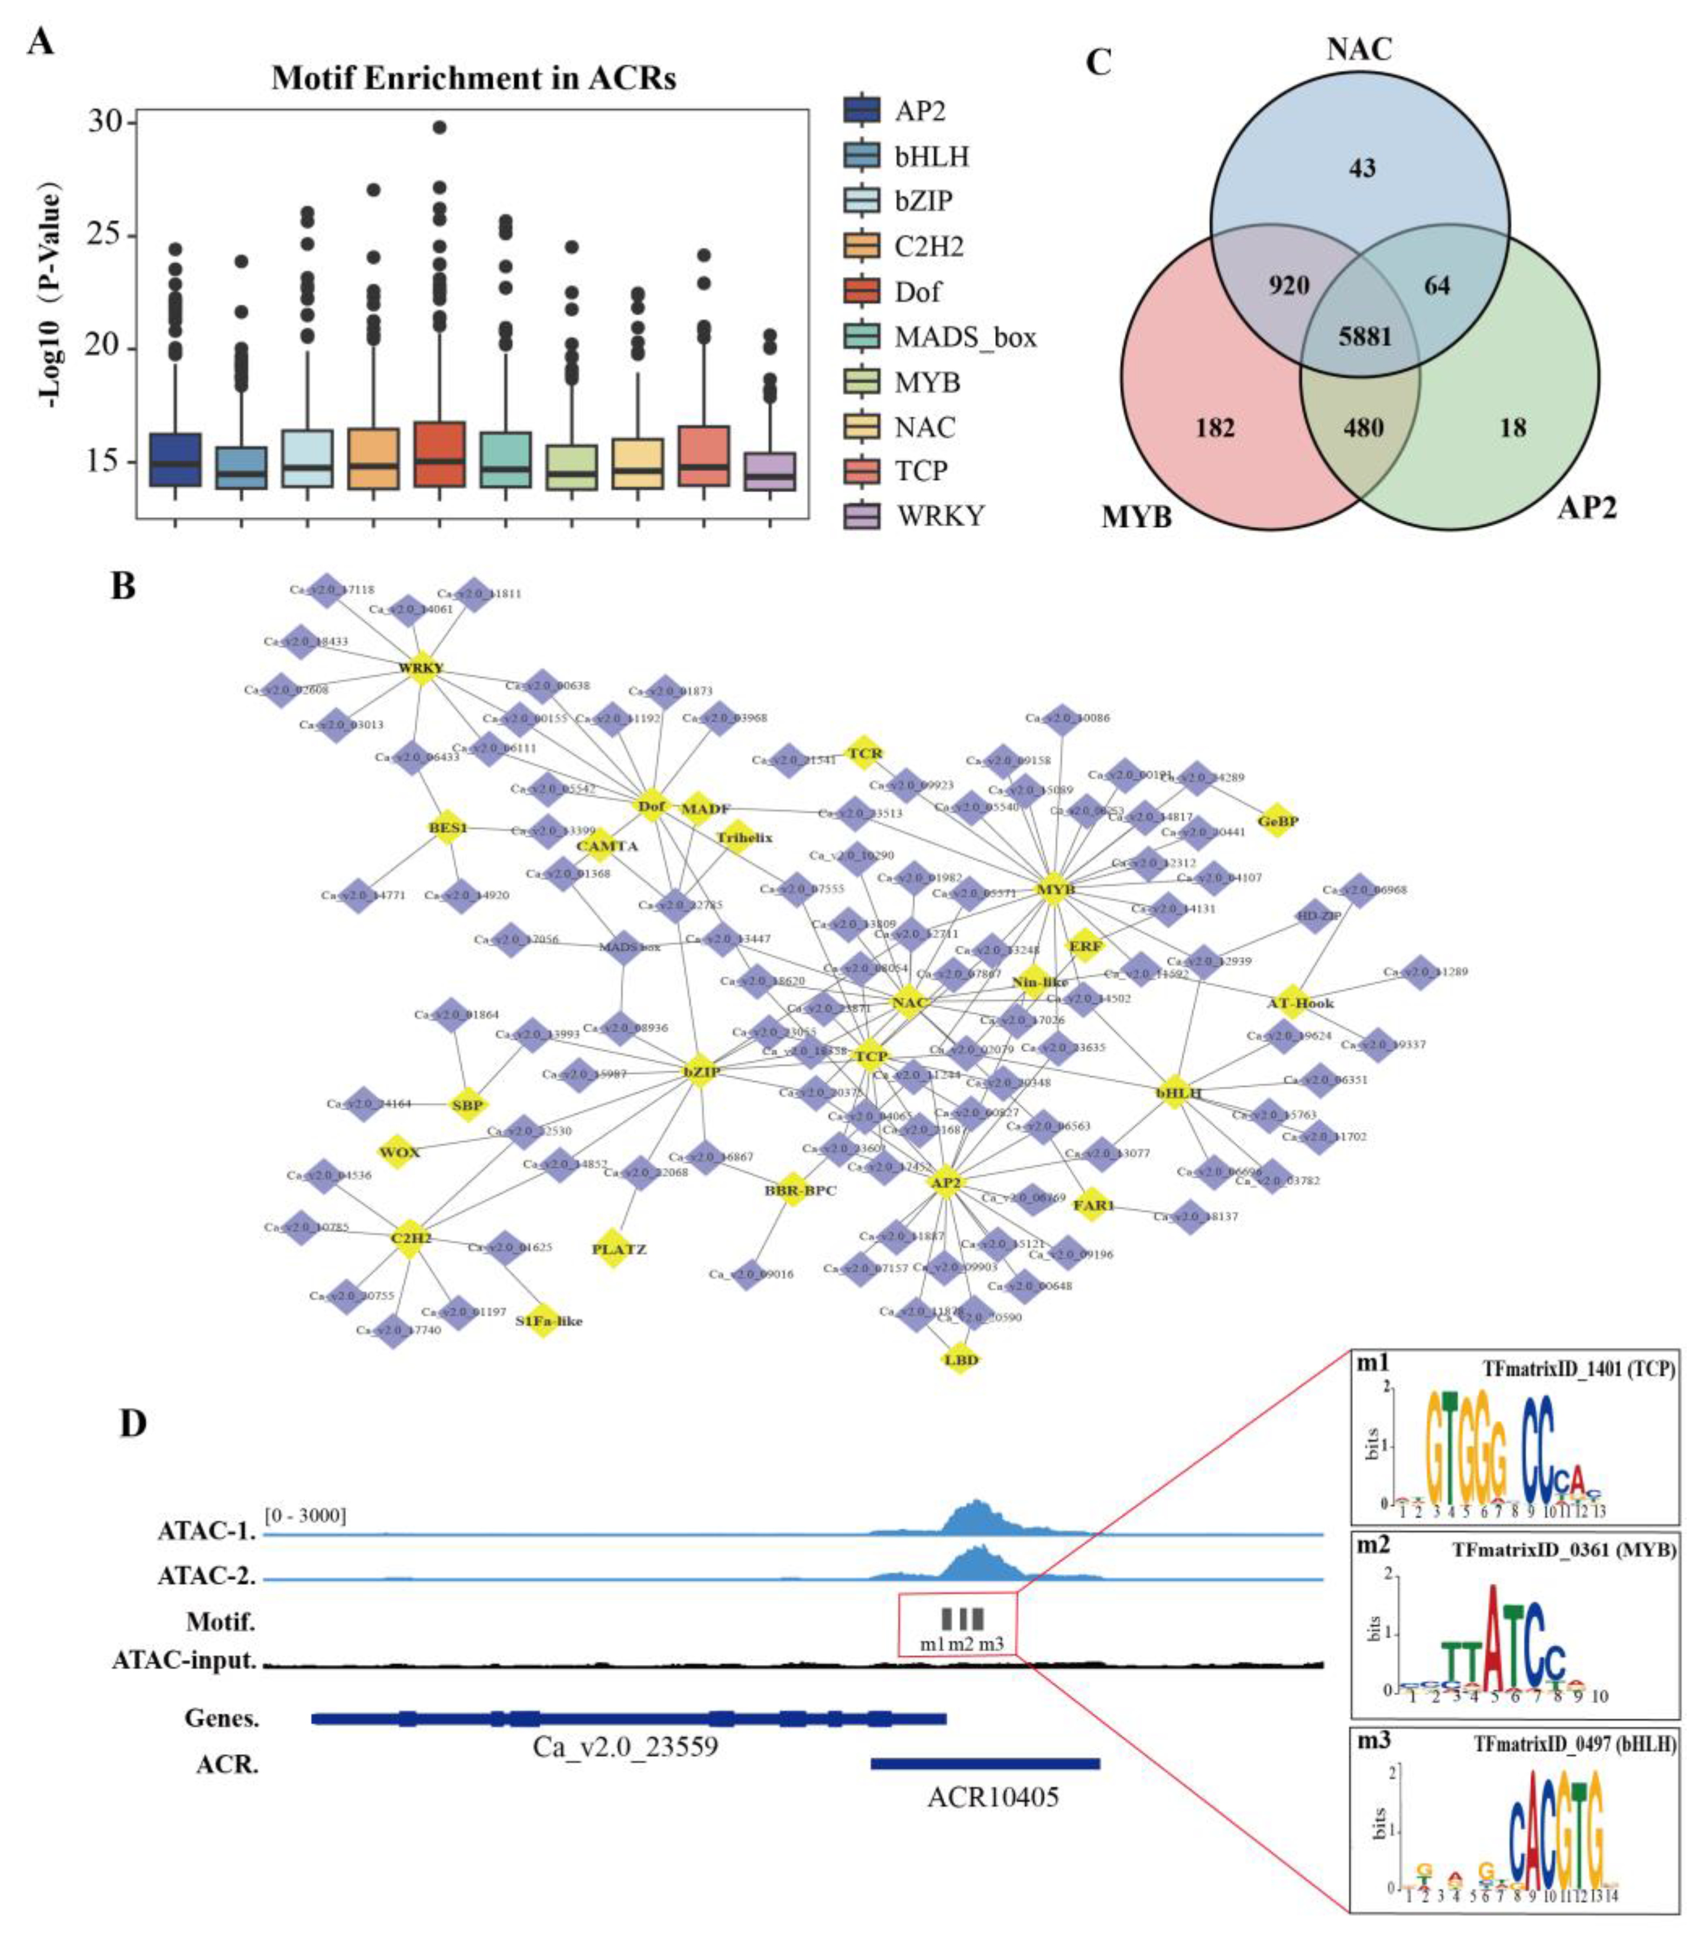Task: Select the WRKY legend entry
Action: (x=938, y=516)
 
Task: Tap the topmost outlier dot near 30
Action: (x=439, y=127)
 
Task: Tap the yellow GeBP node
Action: (x=1277, y=820)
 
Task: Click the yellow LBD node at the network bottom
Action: (x=959, y=1360)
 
